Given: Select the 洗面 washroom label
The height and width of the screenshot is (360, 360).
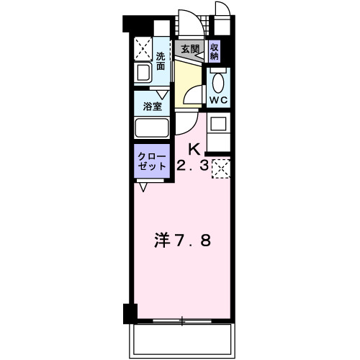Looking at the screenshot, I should tap(161, 61).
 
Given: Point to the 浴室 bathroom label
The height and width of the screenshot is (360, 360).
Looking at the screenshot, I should tap(152, 105).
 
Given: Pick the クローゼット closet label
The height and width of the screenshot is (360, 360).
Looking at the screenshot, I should tap(152, 161).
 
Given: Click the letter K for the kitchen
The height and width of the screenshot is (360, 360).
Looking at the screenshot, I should tap(194, 149).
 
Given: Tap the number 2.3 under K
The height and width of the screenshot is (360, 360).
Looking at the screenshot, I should tap(193, 166).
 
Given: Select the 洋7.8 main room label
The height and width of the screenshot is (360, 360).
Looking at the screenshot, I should tap(184, 240).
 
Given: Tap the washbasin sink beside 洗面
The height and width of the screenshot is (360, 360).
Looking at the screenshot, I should tap(142, 73).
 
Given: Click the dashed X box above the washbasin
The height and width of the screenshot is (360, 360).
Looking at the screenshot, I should tap(141, 49).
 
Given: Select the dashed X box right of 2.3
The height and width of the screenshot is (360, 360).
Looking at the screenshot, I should tap(221, 168).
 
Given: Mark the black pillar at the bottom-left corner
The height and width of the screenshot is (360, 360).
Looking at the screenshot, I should tap(130, 313).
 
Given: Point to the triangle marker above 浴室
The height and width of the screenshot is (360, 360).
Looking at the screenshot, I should tap(163, 93).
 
